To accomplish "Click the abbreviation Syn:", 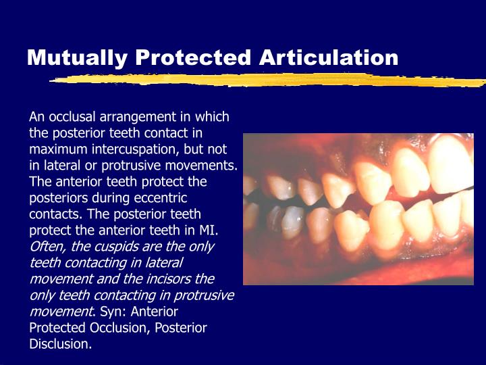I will (x=112, y=312).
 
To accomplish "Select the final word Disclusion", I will (x=59, y=344).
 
